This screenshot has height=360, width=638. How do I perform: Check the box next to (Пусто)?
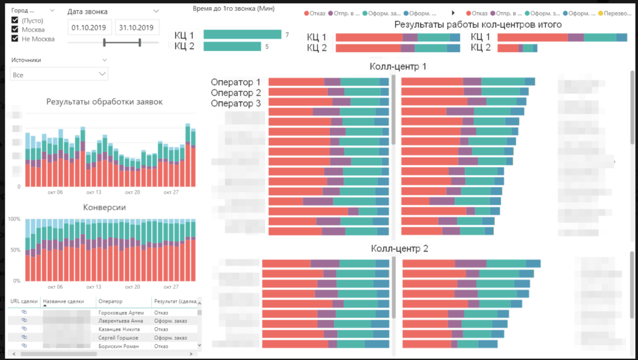point(15,21)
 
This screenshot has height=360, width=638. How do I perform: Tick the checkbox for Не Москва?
point(15,38)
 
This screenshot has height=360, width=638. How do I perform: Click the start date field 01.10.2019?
point(90,27)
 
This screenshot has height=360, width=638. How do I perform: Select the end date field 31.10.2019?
point(137,27)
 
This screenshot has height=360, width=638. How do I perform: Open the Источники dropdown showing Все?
point(59,74)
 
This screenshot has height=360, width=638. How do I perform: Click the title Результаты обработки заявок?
point(104,101)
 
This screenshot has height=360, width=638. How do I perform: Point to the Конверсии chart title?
point(104,207)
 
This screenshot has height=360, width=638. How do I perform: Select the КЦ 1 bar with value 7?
point(242,35)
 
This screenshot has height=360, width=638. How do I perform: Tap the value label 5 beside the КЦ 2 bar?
point(267,47)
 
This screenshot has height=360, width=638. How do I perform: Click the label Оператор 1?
point(235,82)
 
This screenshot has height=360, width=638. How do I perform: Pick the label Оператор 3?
point(235,103)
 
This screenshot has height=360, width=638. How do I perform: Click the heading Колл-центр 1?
point(398,66)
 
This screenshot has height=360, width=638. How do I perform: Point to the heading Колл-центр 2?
point(399,248)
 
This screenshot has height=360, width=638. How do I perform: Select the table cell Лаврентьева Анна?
point(118,321)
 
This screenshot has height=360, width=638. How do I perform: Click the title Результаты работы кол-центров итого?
point(477,24)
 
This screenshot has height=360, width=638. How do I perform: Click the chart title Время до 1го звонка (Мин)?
point(233,9)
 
